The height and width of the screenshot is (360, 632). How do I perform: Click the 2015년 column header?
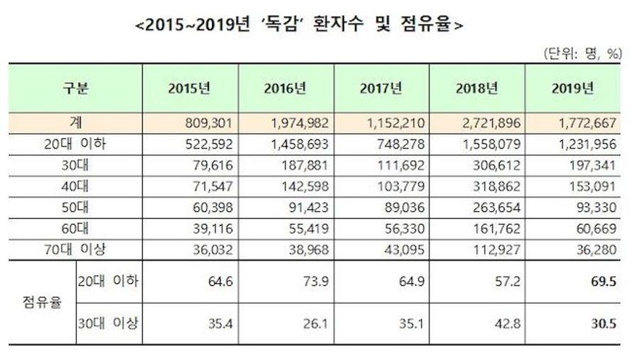(x=190, y=89)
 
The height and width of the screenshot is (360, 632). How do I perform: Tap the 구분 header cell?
(x=74, y=89)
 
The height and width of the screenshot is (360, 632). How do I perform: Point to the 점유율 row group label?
(x=39, y=302)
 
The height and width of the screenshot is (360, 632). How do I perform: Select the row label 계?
(x=74, y=123)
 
